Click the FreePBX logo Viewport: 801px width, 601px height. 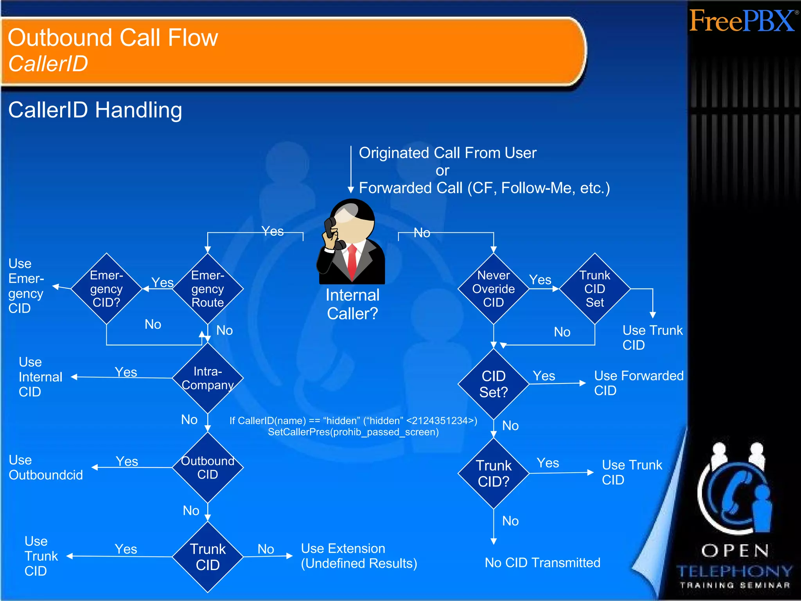[742, 21]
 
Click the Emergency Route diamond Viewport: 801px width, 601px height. [208, 289]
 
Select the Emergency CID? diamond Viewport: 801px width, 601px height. [106, 289]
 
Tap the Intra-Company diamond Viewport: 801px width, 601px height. [208, 378]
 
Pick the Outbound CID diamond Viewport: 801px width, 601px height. [208, 467]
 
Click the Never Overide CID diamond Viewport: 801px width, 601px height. [494, 289]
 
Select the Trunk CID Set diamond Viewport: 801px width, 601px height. [595, 289]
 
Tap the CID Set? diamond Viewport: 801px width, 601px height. [494, 384]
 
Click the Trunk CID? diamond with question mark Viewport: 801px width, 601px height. [494, 473]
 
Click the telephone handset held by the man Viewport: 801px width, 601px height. [332, 233]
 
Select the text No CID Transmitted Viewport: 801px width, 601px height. [542, 563]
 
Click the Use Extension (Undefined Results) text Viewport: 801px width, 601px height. [359, 556]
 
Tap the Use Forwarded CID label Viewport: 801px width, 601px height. [638, 383]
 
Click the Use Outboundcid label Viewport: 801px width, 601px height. [46, 468]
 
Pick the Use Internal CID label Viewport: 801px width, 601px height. [40, 377]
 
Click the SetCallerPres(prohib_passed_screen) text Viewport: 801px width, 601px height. [353, 432]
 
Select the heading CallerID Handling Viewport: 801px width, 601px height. [95, 110]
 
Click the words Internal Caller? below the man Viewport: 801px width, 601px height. [352, 304]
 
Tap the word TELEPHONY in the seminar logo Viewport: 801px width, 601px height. [735, 572]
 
